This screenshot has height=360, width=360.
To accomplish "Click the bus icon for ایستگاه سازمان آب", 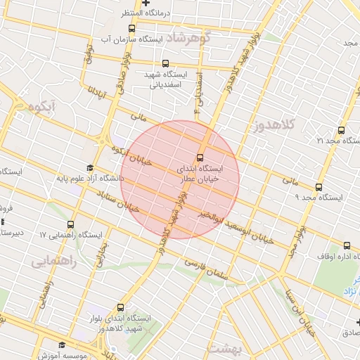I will (x=131, y=29).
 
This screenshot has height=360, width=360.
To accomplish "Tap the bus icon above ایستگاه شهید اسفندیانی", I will (x=165, y=63).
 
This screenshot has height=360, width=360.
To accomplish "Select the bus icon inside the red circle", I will (x=200, y=157).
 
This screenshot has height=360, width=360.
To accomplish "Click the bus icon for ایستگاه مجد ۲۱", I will (x=341, y=130).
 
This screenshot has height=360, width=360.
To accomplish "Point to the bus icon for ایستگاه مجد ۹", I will (x=319, y=187).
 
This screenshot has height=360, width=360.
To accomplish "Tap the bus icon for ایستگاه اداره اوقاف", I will (x=347, y=245).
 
